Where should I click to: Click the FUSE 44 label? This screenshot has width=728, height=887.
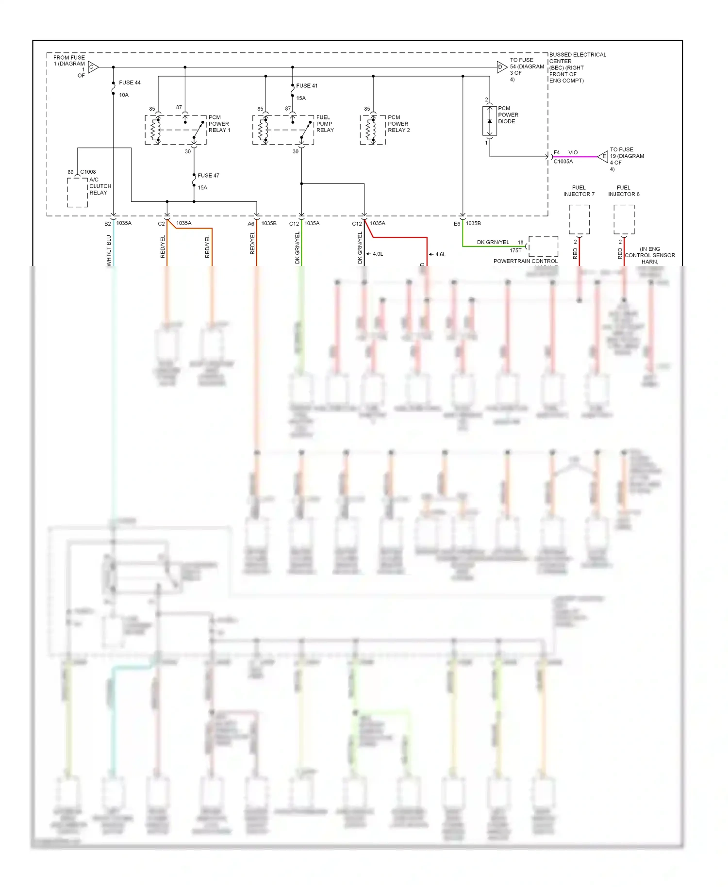[x=130, y=82]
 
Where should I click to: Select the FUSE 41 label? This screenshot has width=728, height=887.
[x=307, y=86]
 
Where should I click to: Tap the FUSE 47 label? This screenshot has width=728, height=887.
[x=208, y=176]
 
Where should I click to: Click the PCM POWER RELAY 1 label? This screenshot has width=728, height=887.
[x=219, y=124]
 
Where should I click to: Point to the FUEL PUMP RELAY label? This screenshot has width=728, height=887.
[x=325, y=124]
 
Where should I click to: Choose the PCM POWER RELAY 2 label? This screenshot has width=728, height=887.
[x=398, y=124]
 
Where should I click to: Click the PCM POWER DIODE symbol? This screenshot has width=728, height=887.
[x=489, y=121]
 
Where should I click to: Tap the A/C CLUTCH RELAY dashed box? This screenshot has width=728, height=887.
[x=77, y=193]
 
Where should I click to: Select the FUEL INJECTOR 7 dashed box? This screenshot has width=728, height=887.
[x=579, y=219]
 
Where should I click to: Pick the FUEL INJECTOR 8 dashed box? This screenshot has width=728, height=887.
[x=624, y=219]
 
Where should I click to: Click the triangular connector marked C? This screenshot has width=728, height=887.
[x=93, y=67]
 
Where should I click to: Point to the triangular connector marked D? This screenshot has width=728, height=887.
[x=501, y=67]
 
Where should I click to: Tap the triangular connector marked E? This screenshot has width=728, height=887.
[x=603, y=156]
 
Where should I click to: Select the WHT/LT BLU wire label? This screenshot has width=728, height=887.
[x=109, y=250]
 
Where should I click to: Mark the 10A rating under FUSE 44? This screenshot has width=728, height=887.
[x=124, y=95]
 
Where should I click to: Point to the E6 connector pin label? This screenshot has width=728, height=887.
[x=457, y=224]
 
